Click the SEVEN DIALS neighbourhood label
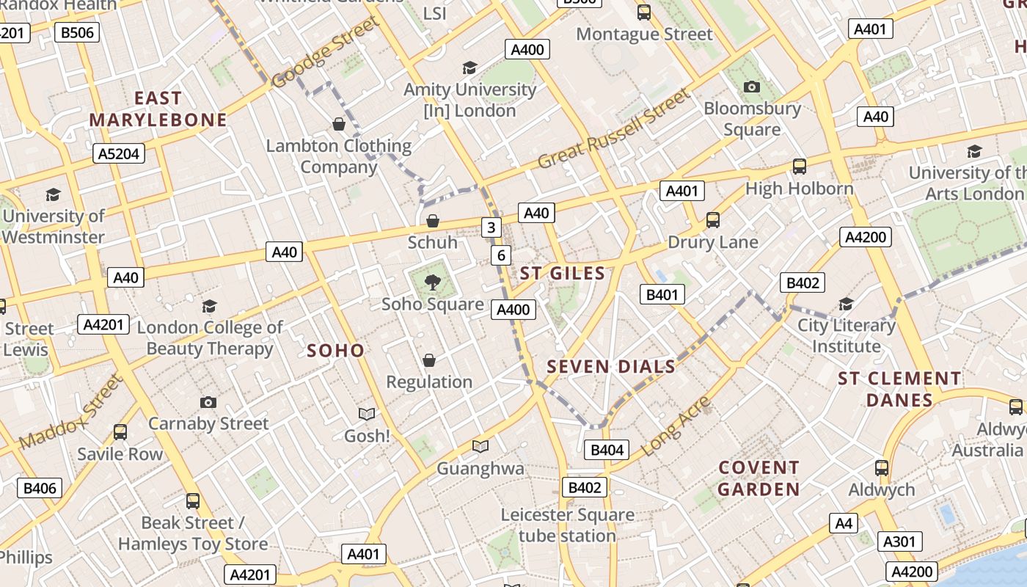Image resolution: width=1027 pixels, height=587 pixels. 611,367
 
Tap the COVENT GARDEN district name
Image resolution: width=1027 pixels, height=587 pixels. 759,478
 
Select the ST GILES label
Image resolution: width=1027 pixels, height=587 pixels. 563,274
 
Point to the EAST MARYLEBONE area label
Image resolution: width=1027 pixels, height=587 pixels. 158,109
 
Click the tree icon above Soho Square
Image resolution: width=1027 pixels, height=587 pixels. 433,282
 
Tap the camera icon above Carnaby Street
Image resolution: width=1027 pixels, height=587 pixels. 208,402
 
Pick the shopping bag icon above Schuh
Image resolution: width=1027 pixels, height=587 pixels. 433,221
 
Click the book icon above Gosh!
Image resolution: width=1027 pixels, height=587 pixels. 366,415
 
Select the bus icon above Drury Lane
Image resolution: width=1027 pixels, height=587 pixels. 712,220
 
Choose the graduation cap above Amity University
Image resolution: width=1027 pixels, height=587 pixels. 469,68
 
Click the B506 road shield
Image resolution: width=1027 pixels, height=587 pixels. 77,32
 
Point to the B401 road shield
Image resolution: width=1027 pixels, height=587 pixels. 662,295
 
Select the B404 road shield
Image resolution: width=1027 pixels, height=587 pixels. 607,450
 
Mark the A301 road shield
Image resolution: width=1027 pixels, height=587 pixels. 899,542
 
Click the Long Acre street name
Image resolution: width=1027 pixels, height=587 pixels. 676,426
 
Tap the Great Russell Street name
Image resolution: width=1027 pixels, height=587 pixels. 614,128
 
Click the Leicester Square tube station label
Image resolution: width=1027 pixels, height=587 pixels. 567,525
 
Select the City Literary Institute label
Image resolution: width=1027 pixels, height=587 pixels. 847,335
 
